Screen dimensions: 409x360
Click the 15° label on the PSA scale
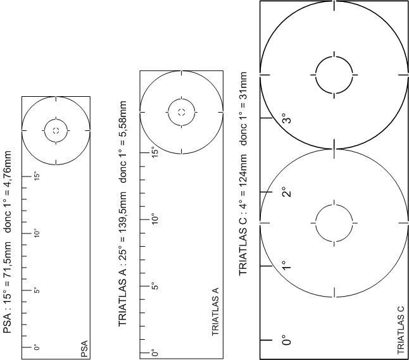coord(37,177)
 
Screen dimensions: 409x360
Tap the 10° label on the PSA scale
coord(37,233)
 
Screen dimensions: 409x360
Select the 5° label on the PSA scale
coord(37,290)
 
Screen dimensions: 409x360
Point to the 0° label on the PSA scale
coord(37,347)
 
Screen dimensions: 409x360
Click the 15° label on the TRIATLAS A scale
coord(154,152)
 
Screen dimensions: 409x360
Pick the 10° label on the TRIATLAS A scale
coord(154,219)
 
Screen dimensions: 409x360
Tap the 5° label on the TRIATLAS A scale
coord(154,286)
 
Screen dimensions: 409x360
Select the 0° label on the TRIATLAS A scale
coord(154,353)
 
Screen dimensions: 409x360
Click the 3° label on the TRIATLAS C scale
coord(287,118)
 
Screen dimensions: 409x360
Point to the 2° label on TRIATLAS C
coord(287,192)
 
